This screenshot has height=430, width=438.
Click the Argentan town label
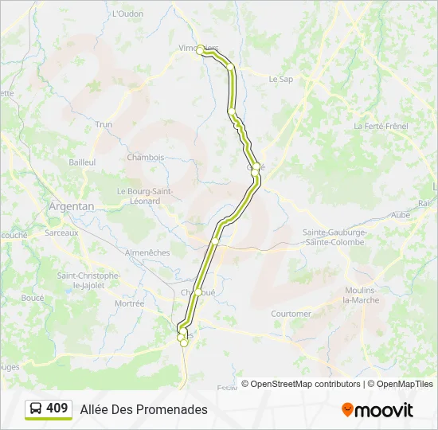71,205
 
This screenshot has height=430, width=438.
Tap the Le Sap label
281,79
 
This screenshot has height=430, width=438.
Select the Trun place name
104,124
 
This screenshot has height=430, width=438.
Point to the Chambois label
145,157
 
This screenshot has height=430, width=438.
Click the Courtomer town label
291,314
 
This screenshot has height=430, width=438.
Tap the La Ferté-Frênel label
381,126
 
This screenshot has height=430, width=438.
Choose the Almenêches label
147,252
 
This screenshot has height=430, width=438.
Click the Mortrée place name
129,303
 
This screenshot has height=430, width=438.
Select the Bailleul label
82,162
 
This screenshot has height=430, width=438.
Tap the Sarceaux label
61,233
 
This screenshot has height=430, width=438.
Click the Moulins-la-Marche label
361,295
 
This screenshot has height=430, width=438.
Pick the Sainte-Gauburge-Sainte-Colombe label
334,236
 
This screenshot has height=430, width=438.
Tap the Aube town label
401,215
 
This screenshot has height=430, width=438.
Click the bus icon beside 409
36,408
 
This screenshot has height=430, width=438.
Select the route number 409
57,408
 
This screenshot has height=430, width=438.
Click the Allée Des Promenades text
143,409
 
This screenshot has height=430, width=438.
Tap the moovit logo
377,410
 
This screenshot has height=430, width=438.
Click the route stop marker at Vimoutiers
201,48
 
